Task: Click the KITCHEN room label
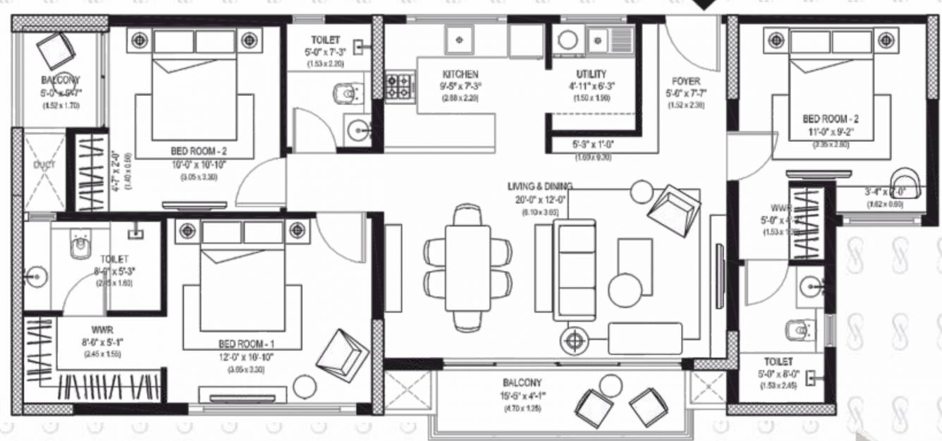click(460, 74)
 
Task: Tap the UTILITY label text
click(590, 74)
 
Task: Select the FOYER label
click(685, 80)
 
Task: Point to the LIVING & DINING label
click(540, 186)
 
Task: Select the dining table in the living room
click(467, 267)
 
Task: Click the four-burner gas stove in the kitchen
click(399, 86)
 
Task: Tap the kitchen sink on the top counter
click(460, 40)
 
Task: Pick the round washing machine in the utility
click(567, 40)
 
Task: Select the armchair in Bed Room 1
click(342, 356)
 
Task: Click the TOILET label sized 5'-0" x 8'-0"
click(776, 361)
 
